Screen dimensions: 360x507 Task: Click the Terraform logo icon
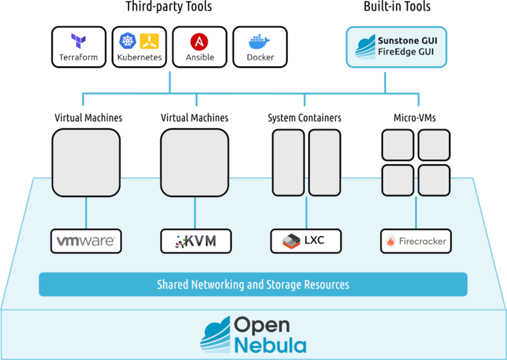point(78,42)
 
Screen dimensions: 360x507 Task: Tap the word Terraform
point(78,57)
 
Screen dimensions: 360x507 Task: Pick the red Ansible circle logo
point(199,42)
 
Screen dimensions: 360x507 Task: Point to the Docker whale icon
point(260,42)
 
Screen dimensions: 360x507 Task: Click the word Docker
point(260,57)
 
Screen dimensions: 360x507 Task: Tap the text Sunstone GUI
point(408,40)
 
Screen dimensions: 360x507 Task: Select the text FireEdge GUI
point(408,53)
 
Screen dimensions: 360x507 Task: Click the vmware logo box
point(86,241)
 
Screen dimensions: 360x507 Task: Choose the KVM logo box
point(195,241)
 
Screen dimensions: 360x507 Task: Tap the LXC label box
point(305,241)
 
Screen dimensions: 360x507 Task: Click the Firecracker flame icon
point(391,241)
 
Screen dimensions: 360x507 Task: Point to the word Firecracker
point(423,241)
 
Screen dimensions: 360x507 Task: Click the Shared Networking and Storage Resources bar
point(253,285)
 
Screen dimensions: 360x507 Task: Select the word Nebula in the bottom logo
point(270,345)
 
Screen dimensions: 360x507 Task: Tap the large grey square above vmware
point(86,162)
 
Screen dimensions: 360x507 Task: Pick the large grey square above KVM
point(195,162)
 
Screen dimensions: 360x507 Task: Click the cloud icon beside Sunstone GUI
point(366,46)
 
